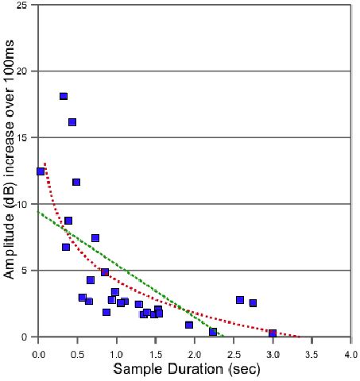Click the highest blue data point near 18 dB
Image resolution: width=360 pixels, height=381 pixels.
(64, 96)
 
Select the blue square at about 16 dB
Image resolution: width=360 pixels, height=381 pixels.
(72, 122)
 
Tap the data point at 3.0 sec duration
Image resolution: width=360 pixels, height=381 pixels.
(273, 333)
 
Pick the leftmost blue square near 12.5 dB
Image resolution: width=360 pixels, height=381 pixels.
(41, 171)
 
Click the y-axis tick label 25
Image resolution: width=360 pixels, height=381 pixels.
(23, 5)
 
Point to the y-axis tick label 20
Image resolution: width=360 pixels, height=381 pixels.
(23, 71)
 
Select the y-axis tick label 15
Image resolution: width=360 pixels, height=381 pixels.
(23, 137)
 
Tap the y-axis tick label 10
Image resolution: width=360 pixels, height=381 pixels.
(23, 204)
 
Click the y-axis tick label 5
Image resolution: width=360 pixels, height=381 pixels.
(26, 271)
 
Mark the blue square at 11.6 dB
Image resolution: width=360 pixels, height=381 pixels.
(76, 182)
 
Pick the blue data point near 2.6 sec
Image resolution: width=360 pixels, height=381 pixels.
(240, 299)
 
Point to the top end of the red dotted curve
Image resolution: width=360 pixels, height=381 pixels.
(45, 164)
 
